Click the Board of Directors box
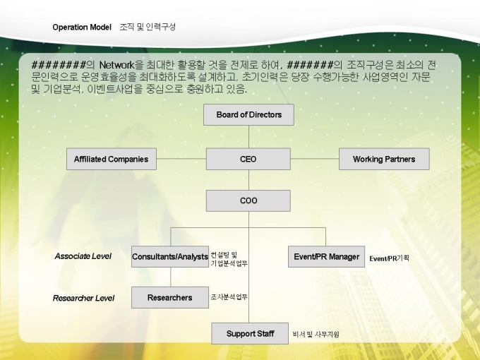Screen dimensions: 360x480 248,114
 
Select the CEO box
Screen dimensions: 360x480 248,159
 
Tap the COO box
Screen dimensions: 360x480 248,200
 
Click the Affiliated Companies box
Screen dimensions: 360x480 111,159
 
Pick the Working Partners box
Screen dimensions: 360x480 384,159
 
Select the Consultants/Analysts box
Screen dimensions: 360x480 170,256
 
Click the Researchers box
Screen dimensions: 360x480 169,297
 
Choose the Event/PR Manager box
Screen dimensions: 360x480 326,256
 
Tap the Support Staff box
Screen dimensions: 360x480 250,333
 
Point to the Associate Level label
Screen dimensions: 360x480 83,256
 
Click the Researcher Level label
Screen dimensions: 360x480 83,298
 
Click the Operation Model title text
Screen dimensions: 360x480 82,27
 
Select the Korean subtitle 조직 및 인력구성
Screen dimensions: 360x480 148,27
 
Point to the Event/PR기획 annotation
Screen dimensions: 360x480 389,258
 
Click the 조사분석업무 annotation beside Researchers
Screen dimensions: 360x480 229,297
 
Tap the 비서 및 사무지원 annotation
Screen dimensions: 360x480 316,334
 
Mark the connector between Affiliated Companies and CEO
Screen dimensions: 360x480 181,159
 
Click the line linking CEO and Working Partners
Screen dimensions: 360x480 314,159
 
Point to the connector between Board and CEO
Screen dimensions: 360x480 248,136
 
